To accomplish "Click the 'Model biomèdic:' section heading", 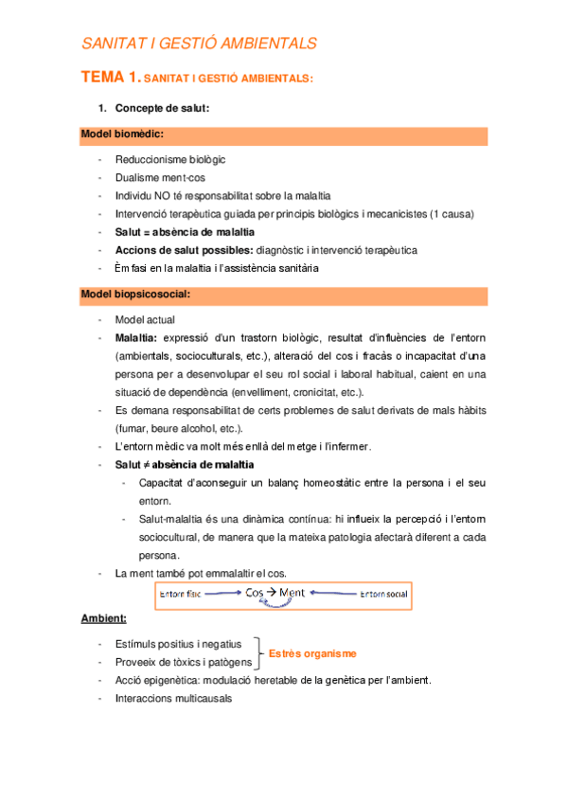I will click(122, 135).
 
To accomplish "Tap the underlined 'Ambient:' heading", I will click(103, 618).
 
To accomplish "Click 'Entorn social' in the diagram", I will click(383, 594).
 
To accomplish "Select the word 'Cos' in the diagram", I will click(256, 593).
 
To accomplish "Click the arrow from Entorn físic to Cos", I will click(222, 594).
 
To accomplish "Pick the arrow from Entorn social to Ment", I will click(329, 594).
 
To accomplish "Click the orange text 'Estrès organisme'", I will click(312, 653).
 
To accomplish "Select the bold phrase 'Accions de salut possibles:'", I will click(184, 250).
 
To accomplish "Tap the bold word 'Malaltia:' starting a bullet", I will click(135, 338).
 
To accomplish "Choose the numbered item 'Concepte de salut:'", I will click(162, 108).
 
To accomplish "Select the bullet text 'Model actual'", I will click(144, 320).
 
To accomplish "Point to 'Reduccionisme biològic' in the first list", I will click(169, 159).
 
